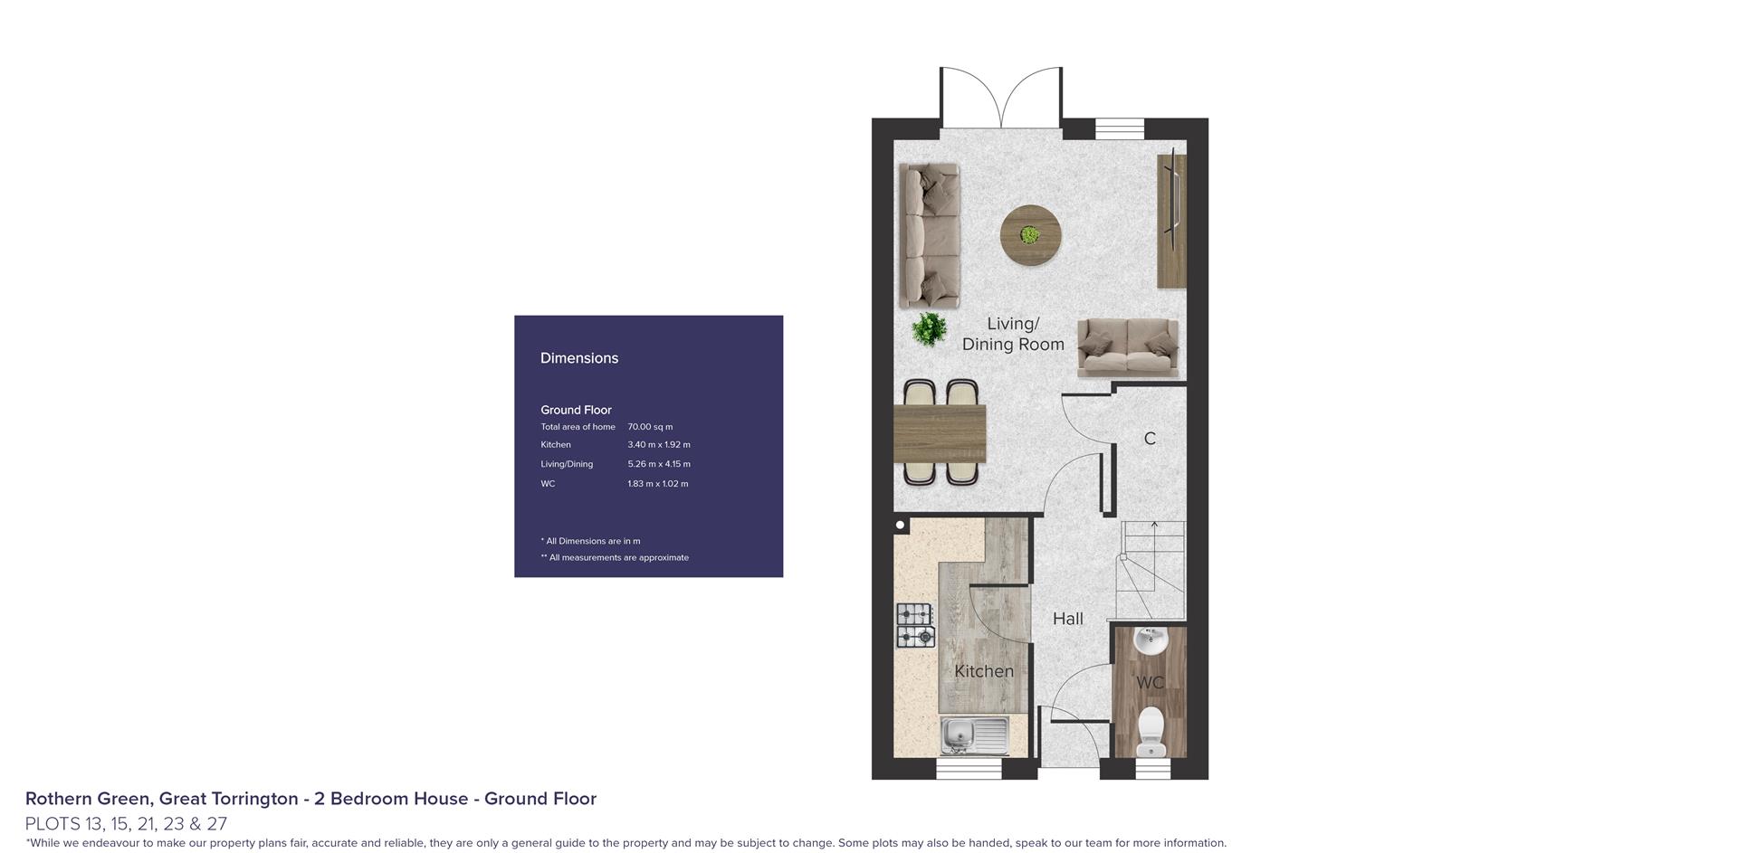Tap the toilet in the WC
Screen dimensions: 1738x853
pos(1151,729)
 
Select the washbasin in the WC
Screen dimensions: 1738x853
pos(1151,640)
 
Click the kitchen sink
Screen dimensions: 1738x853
pos(975,735)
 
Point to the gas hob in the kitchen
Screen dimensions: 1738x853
pos(915,625)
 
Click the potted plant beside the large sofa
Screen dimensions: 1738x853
pos(929,329)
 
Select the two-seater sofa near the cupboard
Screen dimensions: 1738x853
pos(1128,348)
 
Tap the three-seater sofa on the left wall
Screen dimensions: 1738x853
pos(930,235)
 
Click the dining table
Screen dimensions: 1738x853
pos(940,433)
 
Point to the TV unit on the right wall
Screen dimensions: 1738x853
pos(1171,220)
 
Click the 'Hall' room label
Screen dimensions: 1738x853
pos(1068,619)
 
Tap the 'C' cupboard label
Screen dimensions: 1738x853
pos(1150,439)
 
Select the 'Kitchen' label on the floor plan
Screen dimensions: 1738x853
pos(984,671)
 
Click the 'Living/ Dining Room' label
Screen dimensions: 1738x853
pos(1013,334)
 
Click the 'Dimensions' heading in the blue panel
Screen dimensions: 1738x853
pos(579,358)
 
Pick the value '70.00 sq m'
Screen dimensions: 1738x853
pos(650,427)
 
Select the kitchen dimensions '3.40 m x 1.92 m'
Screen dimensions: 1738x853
pos(659,445)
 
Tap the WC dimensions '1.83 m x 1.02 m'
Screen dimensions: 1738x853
pos(658,484)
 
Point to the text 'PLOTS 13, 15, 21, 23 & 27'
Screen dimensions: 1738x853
pos(126,824)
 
